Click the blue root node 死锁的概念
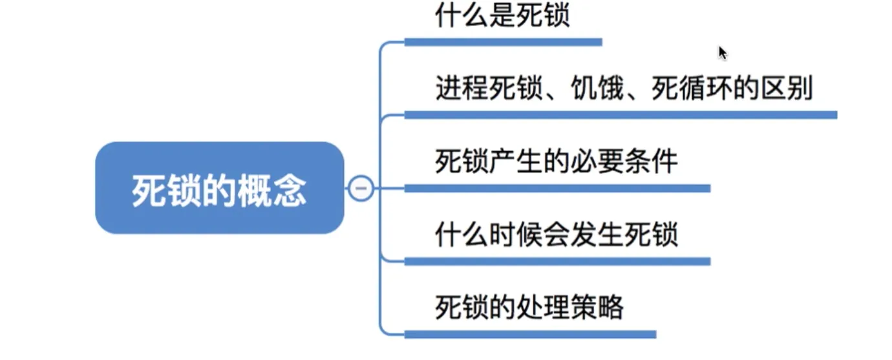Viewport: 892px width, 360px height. click(219, 188)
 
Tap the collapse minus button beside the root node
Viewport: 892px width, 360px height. click(361, 189)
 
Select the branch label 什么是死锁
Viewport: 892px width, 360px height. click(502, 16)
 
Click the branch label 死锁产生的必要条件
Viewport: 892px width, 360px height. click(557, 162)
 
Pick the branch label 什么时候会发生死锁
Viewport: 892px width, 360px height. click(557, 235)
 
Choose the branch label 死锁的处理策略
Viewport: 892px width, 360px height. click(529, 308)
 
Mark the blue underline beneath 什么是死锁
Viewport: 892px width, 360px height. click(503, 42)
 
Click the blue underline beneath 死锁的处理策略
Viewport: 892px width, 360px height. click(530, 334)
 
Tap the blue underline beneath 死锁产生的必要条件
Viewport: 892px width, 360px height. click(557, 188)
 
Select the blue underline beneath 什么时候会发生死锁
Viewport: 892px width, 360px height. click(557, 261)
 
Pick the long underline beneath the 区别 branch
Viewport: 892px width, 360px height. click(621, 115)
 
